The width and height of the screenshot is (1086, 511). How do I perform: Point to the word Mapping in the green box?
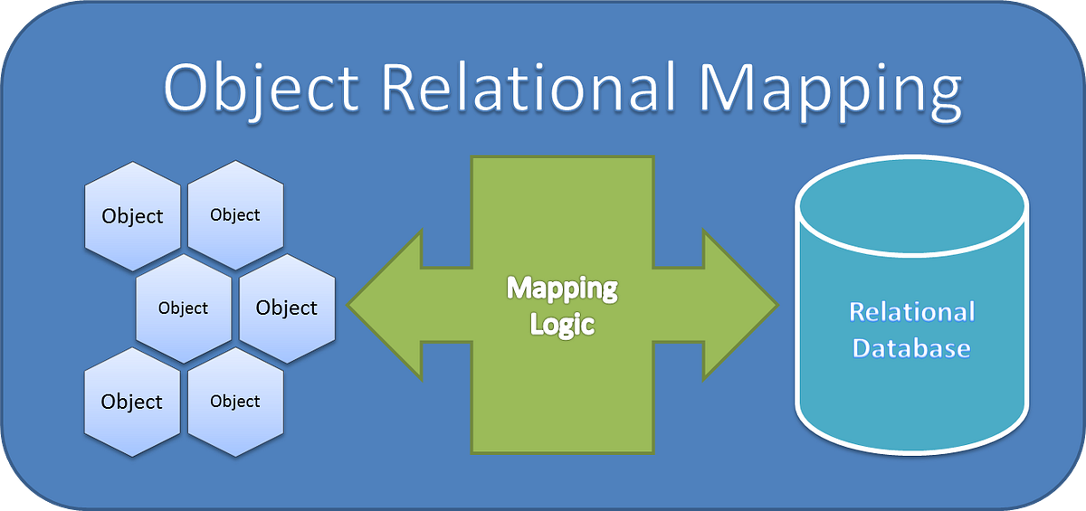pos(562,289)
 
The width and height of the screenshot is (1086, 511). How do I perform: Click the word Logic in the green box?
pos(562,323)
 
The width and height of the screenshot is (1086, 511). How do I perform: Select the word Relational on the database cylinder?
pos(911,313)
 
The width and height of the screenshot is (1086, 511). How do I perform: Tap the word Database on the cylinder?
pos(911,348)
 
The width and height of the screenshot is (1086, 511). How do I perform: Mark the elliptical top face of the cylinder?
pos(911,206)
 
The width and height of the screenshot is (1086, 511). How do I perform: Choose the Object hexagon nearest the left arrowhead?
pos(287,308)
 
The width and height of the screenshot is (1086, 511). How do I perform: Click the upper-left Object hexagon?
pos(132,216)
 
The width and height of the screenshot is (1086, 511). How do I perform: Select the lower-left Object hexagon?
pos(132,402)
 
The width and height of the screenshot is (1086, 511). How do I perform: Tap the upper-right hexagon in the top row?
pos(235,215)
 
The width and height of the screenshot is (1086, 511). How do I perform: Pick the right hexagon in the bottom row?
pos(235,402)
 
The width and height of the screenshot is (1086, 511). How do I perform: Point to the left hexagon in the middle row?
pos(184,308)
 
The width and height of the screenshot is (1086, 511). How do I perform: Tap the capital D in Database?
pos(863,348)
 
